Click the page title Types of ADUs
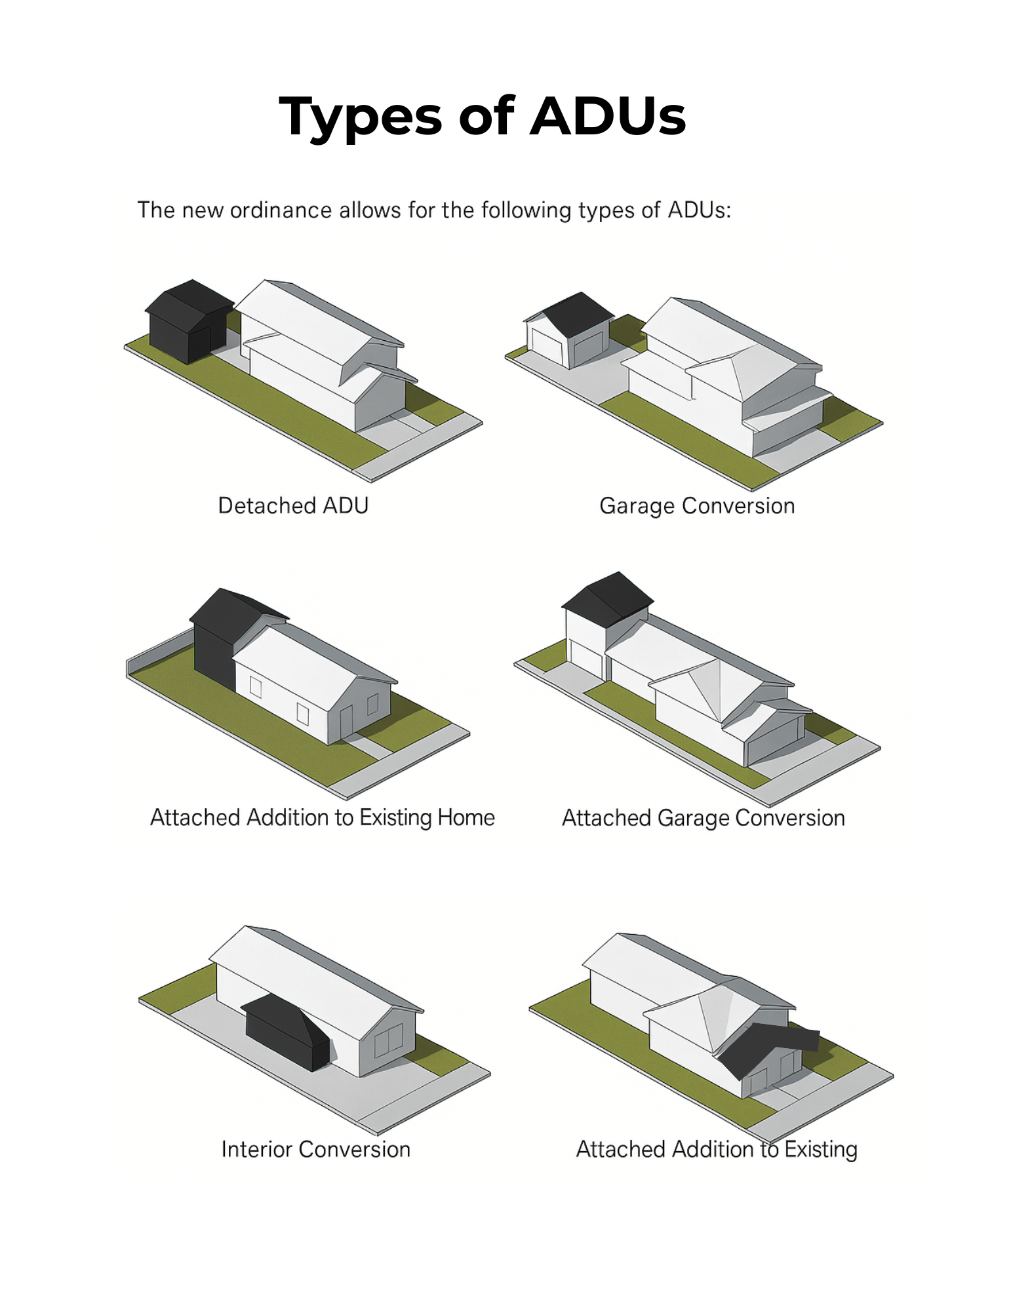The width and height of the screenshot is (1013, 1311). tap(482, 117)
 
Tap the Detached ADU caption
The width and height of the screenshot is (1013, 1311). tap(293, 505)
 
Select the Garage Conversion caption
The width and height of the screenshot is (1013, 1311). tap(697, 506)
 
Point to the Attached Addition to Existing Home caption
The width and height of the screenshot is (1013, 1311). tap(323, 818)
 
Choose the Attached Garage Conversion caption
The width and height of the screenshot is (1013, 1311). tap(704, 818)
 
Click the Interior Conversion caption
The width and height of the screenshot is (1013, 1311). tap(316, 1149)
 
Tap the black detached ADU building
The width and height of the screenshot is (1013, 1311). tap(188, 321)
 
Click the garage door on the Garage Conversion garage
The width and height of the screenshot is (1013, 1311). tap(587, 350)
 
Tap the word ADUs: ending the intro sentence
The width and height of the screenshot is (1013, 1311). tap(699, 210)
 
